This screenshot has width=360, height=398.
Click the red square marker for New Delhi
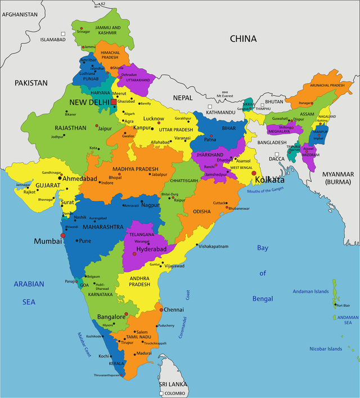114,102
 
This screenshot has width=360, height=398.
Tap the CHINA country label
243,39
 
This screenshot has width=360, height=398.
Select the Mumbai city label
47,241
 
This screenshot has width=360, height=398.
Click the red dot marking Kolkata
254,173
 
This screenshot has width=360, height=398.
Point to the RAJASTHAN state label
70,128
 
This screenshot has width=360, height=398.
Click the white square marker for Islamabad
64,34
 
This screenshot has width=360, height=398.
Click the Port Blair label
343,306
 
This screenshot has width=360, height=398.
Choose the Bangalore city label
111,317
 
